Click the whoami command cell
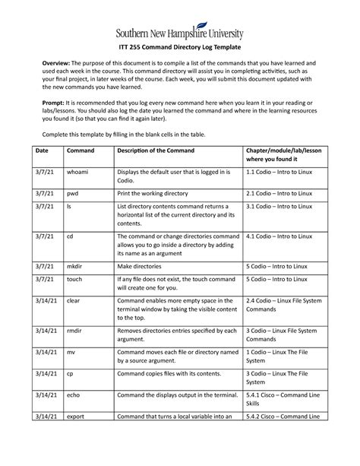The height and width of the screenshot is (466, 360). (x=77, y=173)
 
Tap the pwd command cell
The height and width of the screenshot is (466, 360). (x=73, y=195)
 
